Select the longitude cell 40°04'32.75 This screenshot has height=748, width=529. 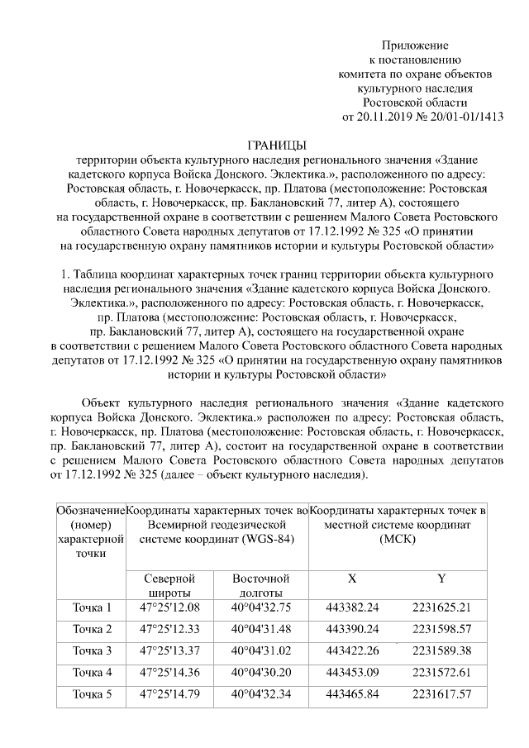[261, 607]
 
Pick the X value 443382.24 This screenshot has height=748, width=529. [353, 607]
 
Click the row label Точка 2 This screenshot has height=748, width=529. [92, 629]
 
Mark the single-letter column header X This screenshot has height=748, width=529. [353, 579]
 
